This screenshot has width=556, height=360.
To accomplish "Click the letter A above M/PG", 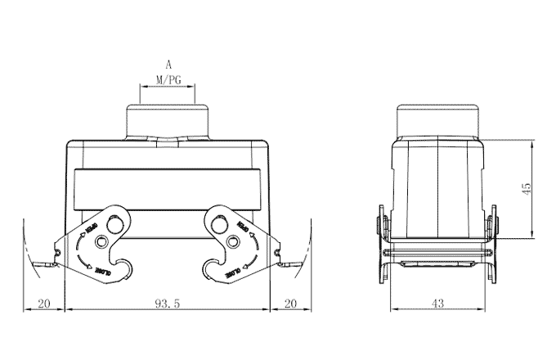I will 168,64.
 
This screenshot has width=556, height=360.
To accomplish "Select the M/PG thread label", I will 168,80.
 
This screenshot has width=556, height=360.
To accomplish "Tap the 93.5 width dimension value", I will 167,304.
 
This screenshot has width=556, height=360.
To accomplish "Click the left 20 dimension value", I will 44,304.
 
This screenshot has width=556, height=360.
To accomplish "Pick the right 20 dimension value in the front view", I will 290,304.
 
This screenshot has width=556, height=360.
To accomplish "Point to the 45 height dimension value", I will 527,188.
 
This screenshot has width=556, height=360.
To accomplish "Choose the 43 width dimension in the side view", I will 437,304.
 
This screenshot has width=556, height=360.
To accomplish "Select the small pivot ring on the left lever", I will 102,242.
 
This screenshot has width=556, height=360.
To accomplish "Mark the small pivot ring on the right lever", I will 234,242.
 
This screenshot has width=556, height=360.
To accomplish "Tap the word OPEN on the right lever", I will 243,224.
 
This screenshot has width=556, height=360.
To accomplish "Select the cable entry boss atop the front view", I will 168,121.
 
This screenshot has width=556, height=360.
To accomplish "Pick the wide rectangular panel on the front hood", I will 168,191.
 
